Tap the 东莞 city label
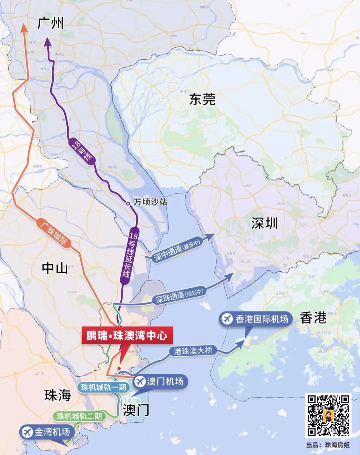(x=202, y=99)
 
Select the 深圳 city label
(x=264, y=224)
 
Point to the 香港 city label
(x=313, y=318)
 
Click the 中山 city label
(x=55, y=267)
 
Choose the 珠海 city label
(x=58, y=395)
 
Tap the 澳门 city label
(x=136, y=410)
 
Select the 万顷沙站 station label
(x=150, y=202)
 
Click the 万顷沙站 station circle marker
(x=128, y=203)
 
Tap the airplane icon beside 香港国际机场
(x=227, y=319)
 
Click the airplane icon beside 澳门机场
(x=140, y=381)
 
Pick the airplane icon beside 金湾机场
(x=26, y=432)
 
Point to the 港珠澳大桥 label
(x=193, y=351)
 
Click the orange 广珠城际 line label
(x=53, y=232)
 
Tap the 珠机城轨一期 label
(x=103, y=387)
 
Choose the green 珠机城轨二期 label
(x=79, y=416)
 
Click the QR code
(x=328, y=415)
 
